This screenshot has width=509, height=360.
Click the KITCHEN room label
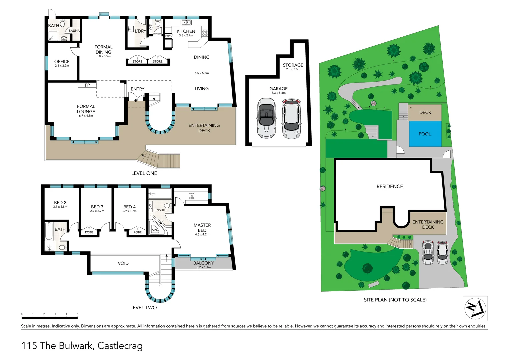click(186, 31)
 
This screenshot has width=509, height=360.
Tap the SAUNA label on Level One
click(74, 31)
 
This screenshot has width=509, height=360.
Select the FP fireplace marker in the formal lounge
click(87, 85)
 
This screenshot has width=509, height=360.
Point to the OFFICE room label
click(62, 62)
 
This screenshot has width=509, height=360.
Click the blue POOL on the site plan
click(425, 134)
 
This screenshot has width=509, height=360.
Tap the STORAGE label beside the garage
click(293, 65)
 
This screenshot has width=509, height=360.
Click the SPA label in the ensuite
click(155, 230)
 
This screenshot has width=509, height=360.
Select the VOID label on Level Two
click(123, 263)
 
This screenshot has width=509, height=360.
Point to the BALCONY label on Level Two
click(204, 263)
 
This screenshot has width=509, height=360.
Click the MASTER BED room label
click(202, 228)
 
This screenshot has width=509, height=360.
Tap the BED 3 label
click(97, 207)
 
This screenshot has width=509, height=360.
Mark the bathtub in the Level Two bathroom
click(49, 231)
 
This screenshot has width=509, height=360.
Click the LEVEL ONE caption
click(144, 173)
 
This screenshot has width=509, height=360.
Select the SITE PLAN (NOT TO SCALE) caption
click(395, 300)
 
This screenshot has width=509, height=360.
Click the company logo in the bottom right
click(475, 308)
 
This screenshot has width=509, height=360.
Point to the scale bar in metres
click(49, 318)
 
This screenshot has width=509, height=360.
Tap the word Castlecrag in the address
click(120, 346)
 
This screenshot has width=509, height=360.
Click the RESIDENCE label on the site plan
click(390, 186)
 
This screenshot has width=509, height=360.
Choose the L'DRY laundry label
click(140, 31)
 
